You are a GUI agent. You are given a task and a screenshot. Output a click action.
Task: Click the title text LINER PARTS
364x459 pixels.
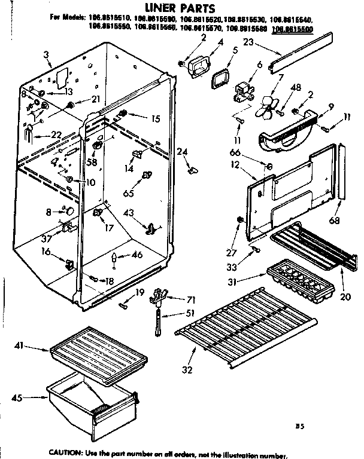[181, 8]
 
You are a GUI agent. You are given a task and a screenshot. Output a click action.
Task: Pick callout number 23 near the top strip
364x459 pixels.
[248, 42]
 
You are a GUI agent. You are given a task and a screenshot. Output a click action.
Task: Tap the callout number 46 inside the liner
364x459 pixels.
[137, 256]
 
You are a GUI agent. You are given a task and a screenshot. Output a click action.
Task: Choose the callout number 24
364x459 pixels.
[183, 151]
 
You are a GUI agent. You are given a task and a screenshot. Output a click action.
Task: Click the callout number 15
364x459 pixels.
[156, 119]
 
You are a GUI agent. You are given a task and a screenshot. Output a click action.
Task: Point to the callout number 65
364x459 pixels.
[127, 192]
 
